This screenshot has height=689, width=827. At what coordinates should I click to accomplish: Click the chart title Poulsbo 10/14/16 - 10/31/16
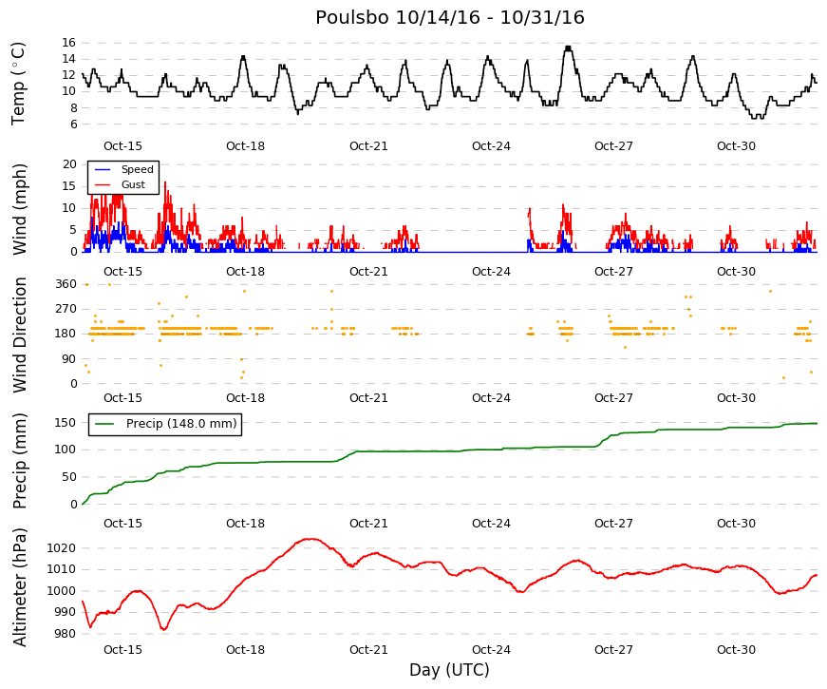[450, 17]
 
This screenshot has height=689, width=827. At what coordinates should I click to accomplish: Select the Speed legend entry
[137, 169]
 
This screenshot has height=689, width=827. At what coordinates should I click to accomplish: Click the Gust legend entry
[133, 184]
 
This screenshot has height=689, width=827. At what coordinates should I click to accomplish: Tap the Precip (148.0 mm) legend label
[181, 424]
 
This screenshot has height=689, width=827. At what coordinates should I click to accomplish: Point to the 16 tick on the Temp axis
[69, 43]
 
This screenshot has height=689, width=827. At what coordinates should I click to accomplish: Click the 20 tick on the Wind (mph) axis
[69, 164]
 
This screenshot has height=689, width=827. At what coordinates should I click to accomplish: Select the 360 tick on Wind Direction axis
[66, 284]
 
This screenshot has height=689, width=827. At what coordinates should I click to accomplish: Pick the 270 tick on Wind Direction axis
[66, 309]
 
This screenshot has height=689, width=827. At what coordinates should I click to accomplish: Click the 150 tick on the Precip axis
[66, 423]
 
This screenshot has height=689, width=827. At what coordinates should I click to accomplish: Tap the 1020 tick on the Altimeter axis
[61, 548]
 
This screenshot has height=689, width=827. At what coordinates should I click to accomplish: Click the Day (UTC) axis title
[449, 670]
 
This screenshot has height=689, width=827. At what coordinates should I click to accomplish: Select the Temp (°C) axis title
[18, 84]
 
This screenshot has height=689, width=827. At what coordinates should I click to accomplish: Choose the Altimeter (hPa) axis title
[19, 587]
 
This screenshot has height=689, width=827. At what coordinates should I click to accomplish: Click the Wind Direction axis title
[20, 335]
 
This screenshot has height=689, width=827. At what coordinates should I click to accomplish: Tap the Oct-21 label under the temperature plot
[368, 146]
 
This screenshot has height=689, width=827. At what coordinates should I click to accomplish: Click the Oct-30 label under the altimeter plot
[736, 650]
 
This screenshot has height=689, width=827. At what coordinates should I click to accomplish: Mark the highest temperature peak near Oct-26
[568, 48]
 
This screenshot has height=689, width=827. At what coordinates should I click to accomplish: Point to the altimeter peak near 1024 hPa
[311, 539]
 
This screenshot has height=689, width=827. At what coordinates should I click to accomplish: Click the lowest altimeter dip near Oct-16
[164, 629]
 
